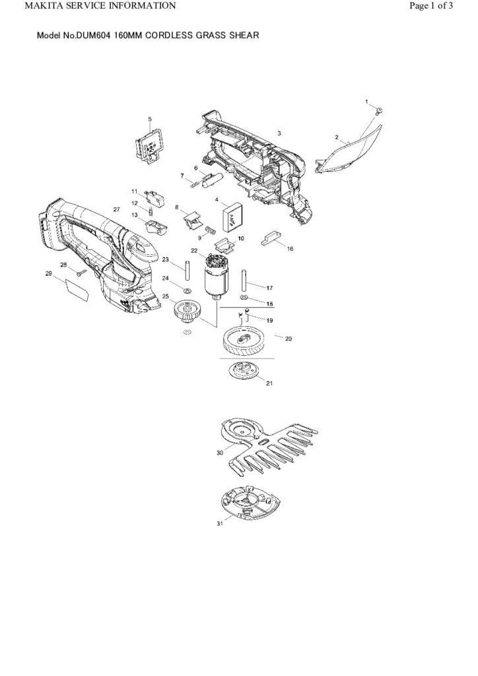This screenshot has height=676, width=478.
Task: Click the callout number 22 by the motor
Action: (194, 251)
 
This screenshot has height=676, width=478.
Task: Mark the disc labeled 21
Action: (246, 370)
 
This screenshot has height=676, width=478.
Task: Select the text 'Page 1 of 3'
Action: (431, 7)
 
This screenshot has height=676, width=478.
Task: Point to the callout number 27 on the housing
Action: (116, 209)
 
